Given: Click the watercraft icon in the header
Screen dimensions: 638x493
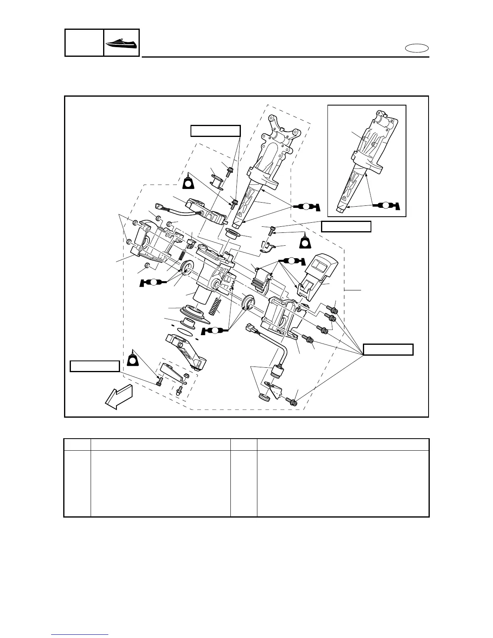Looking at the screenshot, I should coord(122,42).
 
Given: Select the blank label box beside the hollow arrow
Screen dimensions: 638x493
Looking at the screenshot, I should coord(95,366).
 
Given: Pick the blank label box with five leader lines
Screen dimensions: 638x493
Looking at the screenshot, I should coord(388,349).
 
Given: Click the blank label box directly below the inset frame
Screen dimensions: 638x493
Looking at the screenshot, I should coord(346,227).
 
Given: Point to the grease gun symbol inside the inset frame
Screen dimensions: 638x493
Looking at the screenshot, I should coord(385,204).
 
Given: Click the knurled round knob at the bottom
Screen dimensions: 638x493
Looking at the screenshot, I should coord(264,396).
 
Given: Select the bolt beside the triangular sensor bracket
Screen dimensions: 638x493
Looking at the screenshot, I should coord(292,401).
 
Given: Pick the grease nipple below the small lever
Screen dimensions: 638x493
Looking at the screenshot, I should coord(179,389).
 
